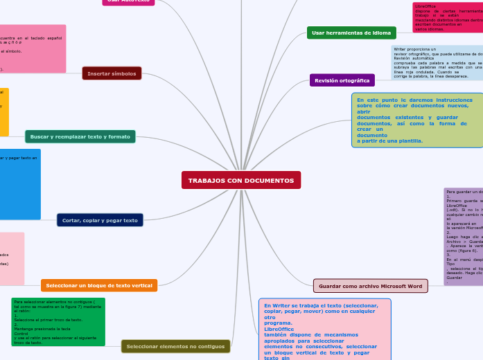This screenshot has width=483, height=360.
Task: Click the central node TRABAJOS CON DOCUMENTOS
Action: click(241, 180)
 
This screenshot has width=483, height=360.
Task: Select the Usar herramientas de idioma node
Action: click(351, 33)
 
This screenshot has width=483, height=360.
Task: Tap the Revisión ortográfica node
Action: click(342, 80)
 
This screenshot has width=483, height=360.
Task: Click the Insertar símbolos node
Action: click(112, 73)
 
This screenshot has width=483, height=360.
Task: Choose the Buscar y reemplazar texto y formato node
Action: click(80, 136)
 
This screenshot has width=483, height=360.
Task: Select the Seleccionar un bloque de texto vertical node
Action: click(99, 285)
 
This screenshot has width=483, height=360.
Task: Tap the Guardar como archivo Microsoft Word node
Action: click(370, 285)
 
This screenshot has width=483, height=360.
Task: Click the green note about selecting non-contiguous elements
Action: click(58, 321)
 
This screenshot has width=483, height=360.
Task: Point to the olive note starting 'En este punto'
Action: click(417, 120)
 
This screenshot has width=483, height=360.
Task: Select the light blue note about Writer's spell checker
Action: click(437, 62)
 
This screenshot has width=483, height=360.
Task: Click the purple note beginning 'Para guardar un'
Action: click(463, 235)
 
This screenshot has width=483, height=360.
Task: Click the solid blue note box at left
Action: click(19, 184)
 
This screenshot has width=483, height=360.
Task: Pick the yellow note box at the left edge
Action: click(4, 111)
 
